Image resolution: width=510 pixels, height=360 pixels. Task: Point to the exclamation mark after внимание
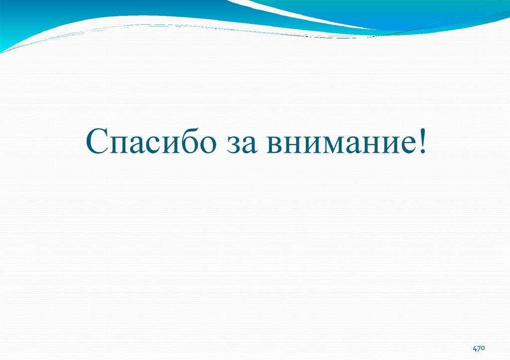(422, 141)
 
